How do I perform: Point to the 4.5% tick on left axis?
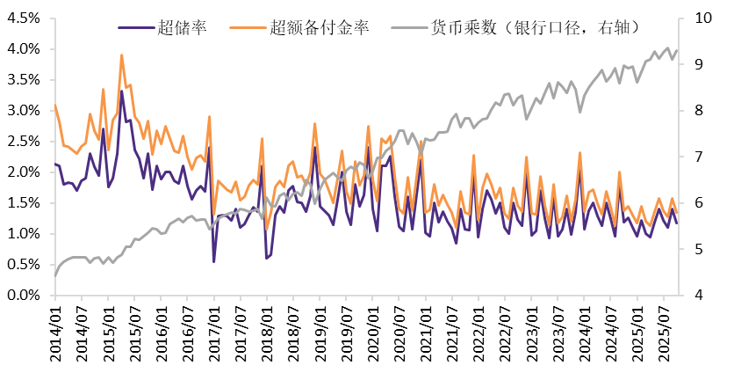coord(25,18)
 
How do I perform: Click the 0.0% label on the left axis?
coord(25,296)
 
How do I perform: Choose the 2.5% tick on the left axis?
coord(25,142)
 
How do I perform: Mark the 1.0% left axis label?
coord(25,234)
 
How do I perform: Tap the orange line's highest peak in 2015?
coord(121,55)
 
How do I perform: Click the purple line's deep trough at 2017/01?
coord(214,261)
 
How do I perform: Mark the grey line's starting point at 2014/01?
coord(55,276)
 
